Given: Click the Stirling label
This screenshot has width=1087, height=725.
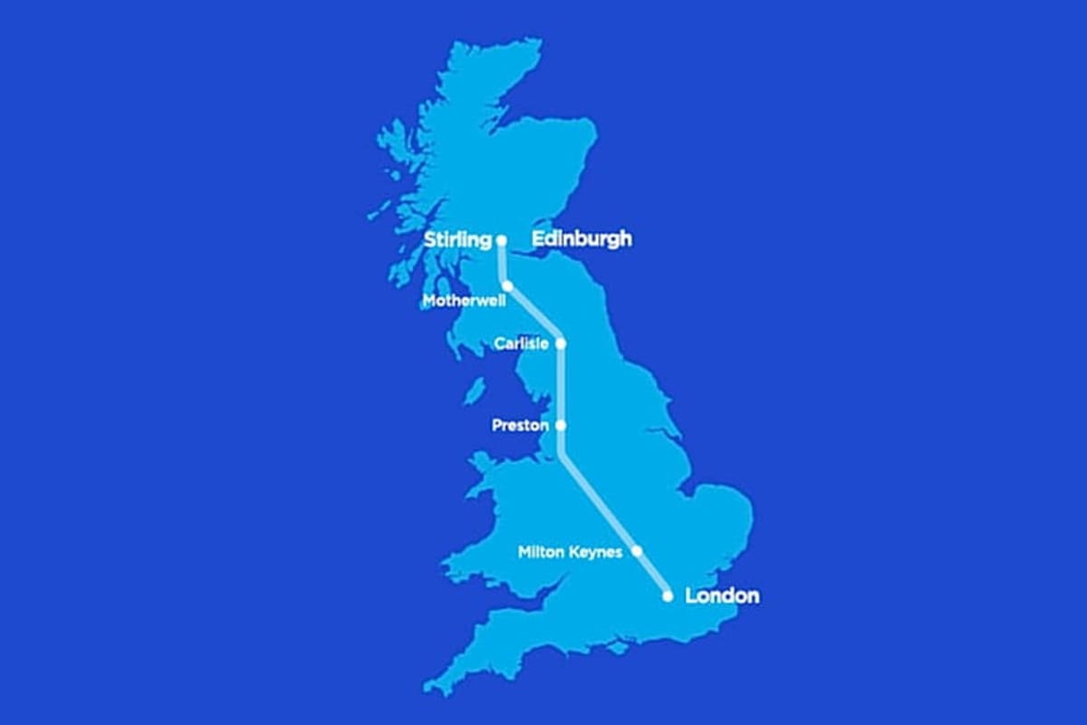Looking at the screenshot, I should (x=457, y=240).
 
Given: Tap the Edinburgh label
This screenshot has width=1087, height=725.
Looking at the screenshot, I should (x=582, y=240).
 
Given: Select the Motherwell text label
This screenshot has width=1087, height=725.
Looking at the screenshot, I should (x=464, y=300).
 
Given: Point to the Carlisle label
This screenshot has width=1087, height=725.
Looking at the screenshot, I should (x=521, y=343).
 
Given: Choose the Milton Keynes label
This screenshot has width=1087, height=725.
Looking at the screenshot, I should (x=570, y=551).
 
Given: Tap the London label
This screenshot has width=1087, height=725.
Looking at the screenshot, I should (x=722, y=596).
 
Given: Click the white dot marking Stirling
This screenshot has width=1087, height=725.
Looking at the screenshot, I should (x=501, y=240).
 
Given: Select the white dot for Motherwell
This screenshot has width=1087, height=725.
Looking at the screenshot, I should (x=508, y=286).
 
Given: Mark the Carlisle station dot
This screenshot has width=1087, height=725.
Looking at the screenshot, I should (x=561, y=343).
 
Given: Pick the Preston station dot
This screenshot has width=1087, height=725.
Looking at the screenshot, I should (x=561, y=425).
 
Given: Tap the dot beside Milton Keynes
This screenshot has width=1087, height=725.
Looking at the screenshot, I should (x=637, y=551).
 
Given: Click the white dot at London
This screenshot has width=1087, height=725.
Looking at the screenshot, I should (x=668, y=596).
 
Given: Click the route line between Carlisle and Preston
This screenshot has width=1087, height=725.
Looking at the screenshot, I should (x=561, y=384).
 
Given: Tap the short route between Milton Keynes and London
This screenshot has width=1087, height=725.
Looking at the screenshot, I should (x=652, y=574).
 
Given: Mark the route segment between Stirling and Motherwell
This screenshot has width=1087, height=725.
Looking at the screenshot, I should (x=503, y=264).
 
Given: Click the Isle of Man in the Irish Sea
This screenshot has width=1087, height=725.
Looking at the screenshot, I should (x=472, y=391).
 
